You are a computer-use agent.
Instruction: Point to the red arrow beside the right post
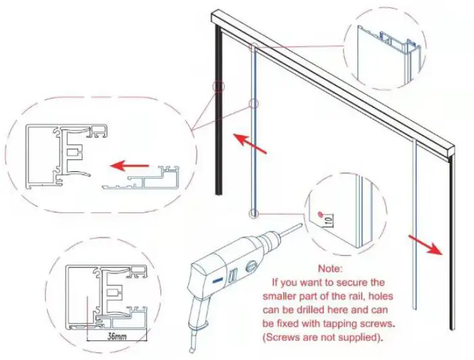click(x=425, y=244)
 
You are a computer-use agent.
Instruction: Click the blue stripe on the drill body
click(x=217, y=278)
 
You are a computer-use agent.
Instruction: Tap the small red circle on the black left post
click(x=218, y=87)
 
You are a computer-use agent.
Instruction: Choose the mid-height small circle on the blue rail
click(x=254, y=104)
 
